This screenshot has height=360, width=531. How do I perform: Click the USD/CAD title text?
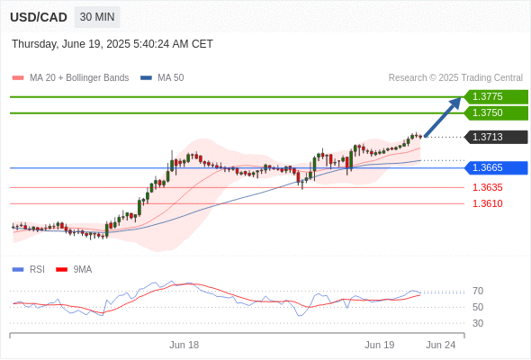39,17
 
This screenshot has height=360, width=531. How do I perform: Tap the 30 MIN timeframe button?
97,17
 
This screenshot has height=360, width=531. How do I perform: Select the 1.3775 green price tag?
496,97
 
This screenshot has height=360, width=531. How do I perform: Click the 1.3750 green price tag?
496,112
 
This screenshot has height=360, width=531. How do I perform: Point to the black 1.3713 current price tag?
496,137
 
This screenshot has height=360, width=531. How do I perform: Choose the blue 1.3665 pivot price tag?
496,167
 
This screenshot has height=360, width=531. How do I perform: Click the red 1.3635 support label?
487,187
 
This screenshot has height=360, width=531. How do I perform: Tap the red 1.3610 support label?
487,203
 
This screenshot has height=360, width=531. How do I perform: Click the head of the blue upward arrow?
455,103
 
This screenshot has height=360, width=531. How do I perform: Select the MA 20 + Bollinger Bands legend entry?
70,78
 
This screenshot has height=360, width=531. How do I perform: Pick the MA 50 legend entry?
162,78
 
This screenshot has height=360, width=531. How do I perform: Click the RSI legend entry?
29,270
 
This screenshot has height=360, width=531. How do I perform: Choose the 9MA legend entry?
74,270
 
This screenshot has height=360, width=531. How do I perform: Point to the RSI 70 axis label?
478,291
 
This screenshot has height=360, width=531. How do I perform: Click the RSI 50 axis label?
478,307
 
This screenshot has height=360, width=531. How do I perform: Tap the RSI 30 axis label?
478,323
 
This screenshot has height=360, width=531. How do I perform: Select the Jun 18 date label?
184,345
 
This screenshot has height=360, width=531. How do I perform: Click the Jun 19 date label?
380,345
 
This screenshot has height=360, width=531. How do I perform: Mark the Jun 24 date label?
441,345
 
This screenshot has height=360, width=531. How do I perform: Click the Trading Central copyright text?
455,78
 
